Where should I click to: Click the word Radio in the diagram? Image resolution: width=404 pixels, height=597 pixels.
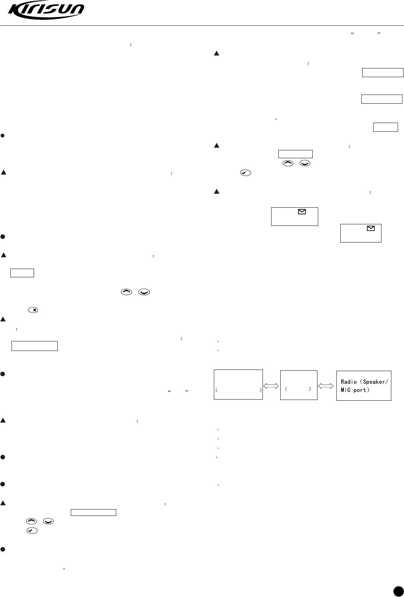[349, 382]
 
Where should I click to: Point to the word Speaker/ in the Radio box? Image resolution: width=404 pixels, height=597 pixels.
[375, 382]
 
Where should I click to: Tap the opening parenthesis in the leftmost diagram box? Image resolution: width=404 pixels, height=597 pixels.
[217, 390]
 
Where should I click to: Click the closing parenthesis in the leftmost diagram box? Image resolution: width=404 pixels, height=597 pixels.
[261, 390]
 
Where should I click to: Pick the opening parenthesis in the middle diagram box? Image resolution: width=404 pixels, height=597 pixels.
[286, 389]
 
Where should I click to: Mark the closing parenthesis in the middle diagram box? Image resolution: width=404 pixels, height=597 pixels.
[310, 389]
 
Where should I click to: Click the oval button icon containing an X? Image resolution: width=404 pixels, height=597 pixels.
[34, 310]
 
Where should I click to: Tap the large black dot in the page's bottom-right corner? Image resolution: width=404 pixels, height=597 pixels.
[397, 591]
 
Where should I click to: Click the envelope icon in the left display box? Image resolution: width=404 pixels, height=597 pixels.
[302, 212]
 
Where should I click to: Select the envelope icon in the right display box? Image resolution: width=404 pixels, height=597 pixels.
[371, 228]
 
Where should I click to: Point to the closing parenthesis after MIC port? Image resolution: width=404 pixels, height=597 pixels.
[368, 390]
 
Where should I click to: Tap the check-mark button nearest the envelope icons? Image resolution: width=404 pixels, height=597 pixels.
[245, 173]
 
